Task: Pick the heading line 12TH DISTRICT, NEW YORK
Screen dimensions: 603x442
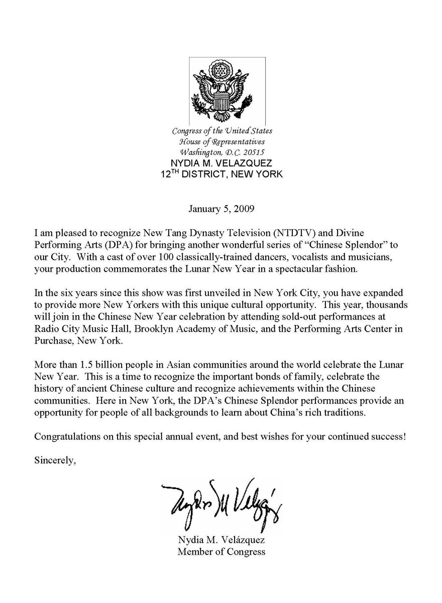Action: pos(221,174)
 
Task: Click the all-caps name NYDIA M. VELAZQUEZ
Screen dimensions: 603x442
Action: pos(222,163)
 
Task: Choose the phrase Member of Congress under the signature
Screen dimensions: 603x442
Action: pos(222,552)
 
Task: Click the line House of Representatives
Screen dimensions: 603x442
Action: pos(222,141)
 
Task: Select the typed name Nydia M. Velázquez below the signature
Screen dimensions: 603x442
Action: pos(222,541)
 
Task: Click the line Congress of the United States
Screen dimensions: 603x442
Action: pos(222,131)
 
